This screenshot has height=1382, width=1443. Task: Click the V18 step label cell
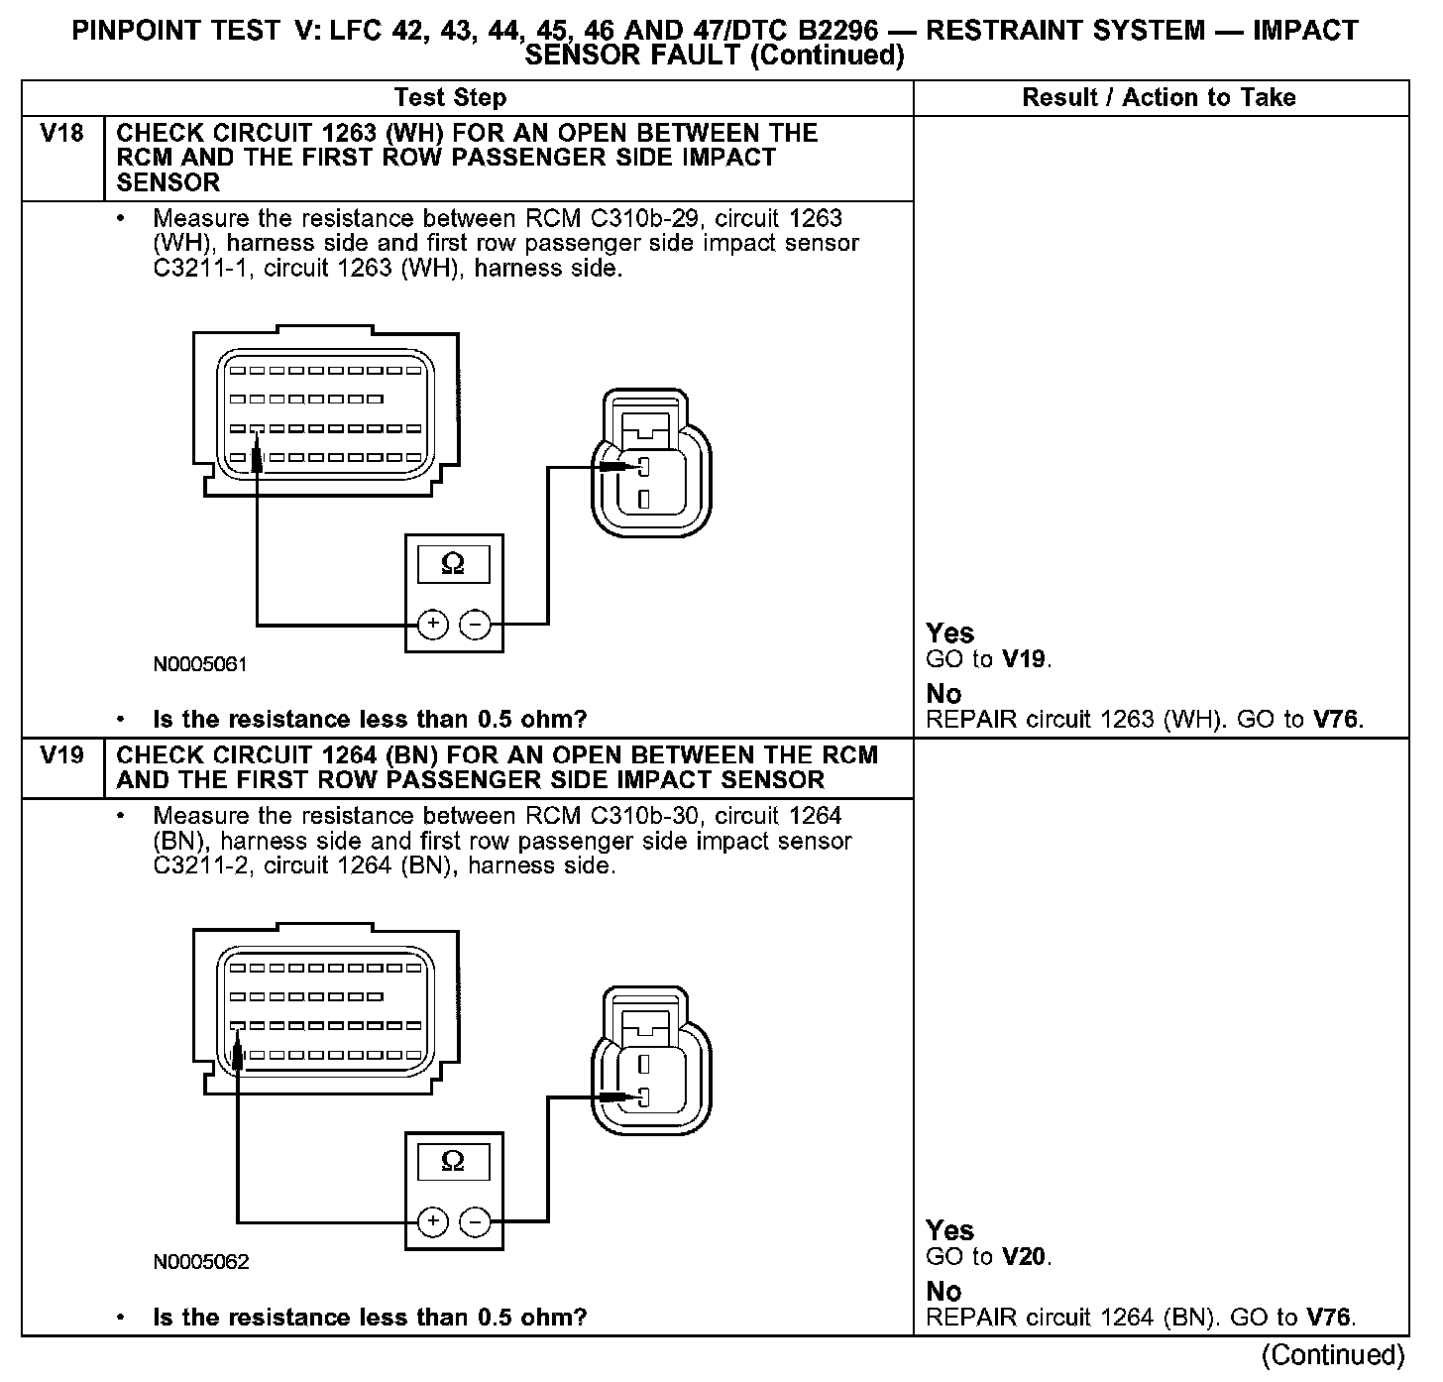[x=61, y=134]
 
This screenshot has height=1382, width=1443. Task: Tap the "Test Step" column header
[x=450, y=97]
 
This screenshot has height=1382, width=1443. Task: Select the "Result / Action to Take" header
[x=1159, y=97]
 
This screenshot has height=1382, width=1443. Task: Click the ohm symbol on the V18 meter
[x=453, y=564]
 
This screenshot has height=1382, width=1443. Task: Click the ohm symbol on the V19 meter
[x=453, y=1161]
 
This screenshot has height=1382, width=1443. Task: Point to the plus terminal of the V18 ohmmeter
[x=433, y=624]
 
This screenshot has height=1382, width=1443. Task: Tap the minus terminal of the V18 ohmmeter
[x=476, y=624]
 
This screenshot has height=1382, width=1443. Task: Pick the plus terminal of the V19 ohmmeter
[x=433, y=1221]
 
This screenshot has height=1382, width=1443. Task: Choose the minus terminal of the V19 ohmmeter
[x=476, y=1221]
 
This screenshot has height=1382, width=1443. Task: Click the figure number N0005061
[x=200, y=664]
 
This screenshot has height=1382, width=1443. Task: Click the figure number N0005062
[x=200, y=1262]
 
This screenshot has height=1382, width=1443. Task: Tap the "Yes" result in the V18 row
[x=950, y=633]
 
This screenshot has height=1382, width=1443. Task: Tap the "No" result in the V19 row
[x=943, y=1291]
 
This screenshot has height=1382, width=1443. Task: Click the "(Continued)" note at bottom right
[x=1333, y=1354]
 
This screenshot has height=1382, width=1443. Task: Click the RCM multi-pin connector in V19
[x=325, y=1011]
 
